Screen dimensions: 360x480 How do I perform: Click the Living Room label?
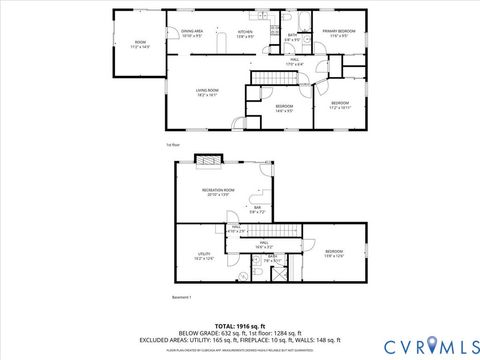pyautogui.click(x=207, y=93)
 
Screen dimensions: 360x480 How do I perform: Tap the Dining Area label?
pyautogui.click(x=192, y=33)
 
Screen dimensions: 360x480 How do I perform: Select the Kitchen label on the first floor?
pyautogui.click(x=245, y=33)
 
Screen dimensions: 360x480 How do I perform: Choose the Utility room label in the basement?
pyautogui.click(x=203, y=256)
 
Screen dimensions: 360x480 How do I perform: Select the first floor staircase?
pyautogui.click(x=267, y=78)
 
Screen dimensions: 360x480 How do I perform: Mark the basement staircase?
pyautogui.click(x=285, y=229)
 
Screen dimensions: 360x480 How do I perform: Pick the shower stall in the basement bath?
pyautogui.click(x=284, y=271)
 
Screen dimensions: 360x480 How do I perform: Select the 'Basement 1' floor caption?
pyautogui.click(x=181, y=298)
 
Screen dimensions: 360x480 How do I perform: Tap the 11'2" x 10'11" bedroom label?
pyautogui.click(x=340, y=104)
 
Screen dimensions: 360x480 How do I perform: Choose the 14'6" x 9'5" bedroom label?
pyautogui.click(x=284, y=108)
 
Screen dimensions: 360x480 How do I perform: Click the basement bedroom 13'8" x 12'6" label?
pyautogui.click(x=333, y=253)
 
